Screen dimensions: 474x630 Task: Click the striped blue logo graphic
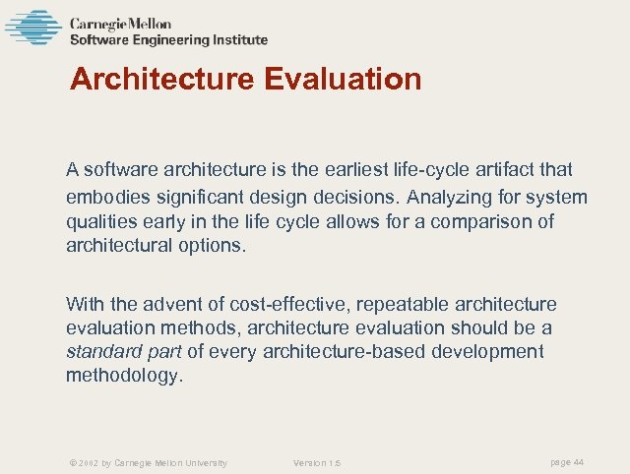click(x=32, y=28)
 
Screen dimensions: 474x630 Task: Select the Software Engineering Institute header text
click(x=168, y=40)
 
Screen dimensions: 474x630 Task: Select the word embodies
click(x=106, y=197)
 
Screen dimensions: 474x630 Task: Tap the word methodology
click(x=124, y=376)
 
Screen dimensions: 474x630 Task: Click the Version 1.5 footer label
click(x=317, y=463)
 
